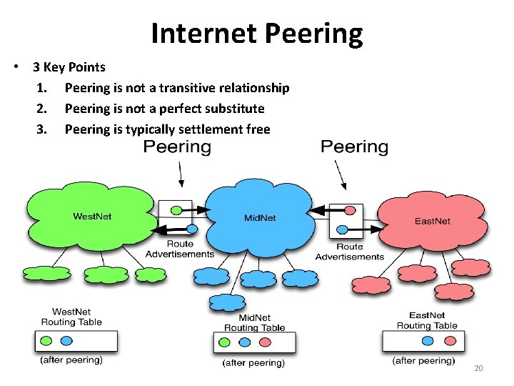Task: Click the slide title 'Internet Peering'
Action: tap(257, 33)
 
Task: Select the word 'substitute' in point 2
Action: tap(232, 109)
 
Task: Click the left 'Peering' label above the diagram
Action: tap(177, 147)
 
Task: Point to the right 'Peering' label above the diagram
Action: tap(354, 147)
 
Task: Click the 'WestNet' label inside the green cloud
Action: tap(91, 216)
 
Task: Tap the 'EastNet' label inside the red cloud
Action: tap(433, 221)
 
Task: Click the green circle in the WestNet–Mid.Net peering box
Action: tap(176, 209)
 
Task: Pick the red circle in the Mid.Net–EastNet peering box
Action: tap(350, 211)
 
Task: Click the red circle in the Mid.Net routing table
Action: tap(264, 342)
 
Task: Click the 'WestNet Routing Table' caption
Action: tap(77, 317)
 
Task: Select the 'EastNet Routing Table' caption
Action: tap(427, 320)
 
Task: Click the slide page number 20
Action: tap(478, 368)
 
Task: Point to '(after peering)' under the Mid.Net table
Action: tap(253, 363)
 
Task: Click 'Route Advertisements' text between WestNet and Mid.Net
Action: tap(180, 249)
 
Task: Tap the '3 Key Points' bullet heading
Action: tap(69, 67)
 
